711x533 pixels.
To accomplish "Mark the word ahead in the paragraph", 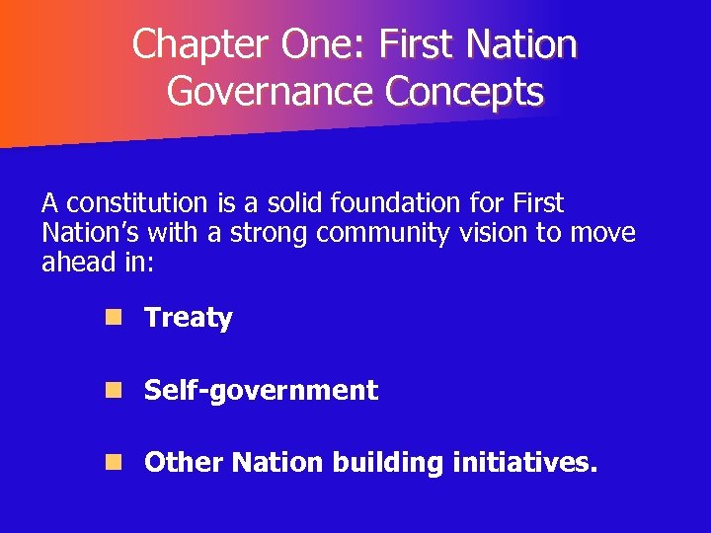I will tap(75, 264).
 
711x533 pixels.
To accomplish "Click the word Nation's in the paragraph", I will tap(85, 234).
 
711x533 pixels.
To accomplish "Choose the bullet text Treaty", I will tap(188, 319).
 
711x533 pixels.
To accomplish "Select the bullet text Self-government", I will tap(261, 391).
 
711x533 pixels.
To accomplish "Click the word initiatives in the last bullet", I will tap(520, 463).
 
